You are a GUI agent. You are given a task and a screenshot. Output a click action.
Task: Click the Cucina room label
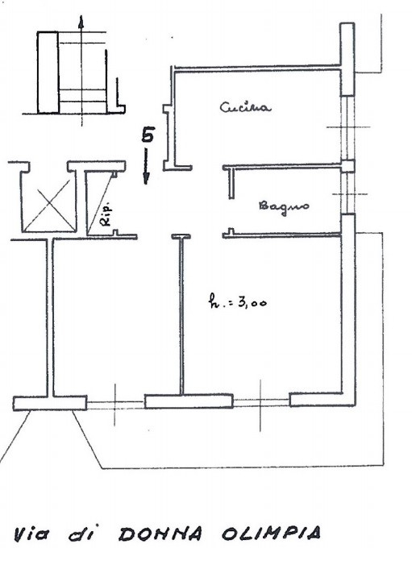click(245, 108)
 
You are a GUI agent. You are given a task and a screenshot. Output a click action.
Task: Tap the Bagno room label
click(285, 206)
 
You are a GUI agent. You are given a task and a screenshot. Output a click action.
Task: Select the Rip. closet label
click(106, 216)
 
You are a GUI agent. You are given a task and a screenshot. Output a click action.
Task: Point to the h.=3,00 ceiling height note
click(237, 301)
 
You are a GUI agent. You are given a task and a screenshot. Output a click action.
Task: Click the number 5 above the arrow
click(148, 135)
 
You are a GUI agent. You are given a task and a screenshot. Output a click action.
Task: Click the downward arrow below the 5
click(146, 166)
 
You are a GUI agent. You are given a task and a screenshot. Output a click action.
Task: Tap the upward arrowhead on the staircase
click(81, 22)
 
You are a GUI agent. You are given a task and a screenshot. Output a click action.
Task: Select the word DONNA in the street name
click(160, 534)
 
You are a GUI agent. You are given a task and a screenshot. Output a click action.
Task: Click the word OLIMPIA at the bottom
click(271, 534)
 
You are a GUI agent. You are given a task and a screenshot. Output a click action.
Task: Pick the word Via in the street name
click(31, 534)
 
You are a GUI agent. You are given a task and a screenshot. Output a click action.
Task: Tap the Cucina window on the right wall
click(347, 127)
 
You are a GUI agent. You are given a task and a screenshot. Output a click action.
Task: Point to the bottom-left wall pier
click(50, 403)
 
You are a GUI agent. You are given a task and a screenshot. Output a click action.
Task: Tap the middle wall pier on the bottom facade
click(189, 401)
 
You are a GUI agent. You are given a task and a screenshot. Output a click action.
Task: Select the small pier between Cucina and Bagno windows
click(348, 166)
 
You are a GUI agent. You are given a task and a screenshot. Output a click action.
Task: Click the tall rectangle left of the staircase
click(48, 73)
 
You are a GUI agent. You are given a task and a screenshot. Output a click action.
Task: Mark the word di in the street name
click(81, 534)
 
